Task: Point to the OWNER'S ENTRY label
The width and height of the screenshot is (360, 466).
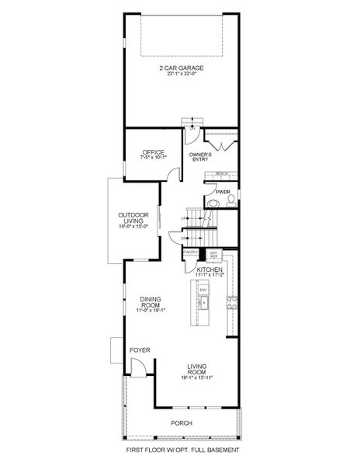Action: (x=201, y=157)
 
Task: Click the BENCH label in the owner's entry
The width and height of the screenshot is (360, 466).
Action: (x=221, y=175)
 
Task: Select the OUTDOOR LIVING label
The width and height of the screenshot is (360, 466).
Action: (x=133, y=218)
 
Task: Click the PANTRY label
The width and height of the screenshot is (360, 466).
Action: (x=190, y=252)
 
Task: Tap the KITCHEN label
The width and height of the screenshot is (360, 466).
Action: (x=209, y=269)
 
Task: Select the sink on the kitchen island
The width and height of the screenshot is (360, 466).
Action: (x=204, y=301)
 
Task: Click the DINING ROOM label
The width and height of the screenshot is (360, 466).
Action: (x=151, y=304)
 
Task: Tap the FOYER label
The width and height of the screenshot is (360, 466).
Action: (x=140, y=350)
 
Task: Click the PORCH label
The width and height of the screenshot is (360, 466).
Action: (x=182, y=423)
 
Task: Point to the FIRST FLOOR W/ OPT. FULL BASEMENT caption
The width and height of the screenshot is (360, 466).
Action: (x=182, y=450)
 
